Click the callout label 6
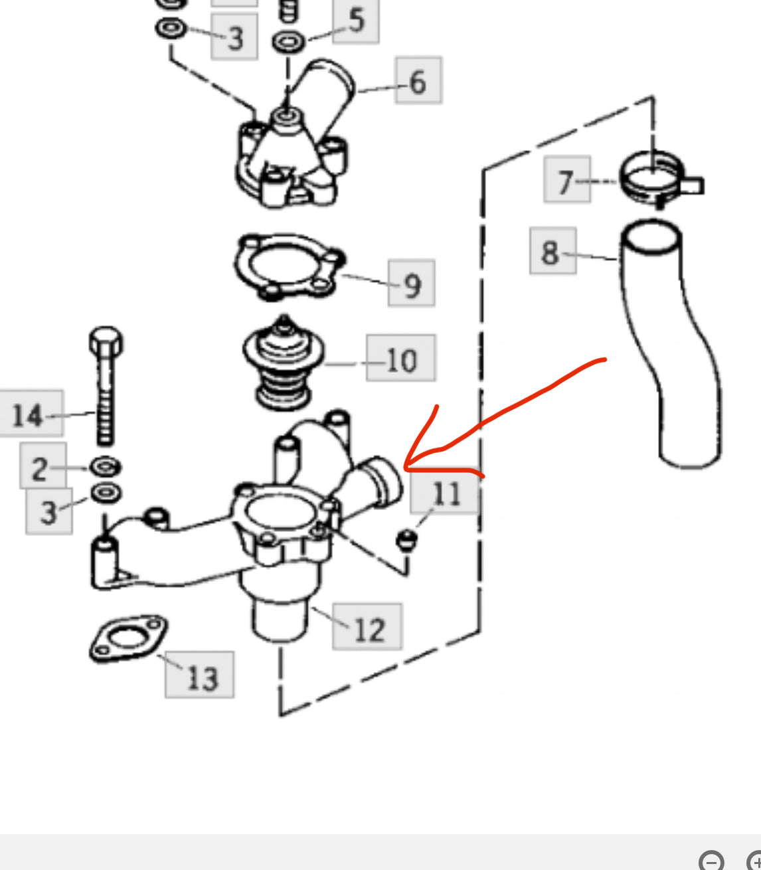pyautogui.click(x=418, y=80)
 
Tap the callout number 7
pyautogui.click(x=566, y=180)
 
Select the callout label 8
pyautogui.click(x=552, y=251)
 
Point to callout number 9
pyautogui.click(x=412, y=284)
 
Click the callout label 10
pyautogui.click(x=401, y=359)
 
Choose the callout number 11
pyautogui.click(x=444, y=491)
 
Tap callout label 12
pyautogui.click(x=367, y=627)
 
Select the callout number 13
pyautogui.click(x=200, y=675)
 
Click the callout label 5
pyautogui.click(x=356, y=20)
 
